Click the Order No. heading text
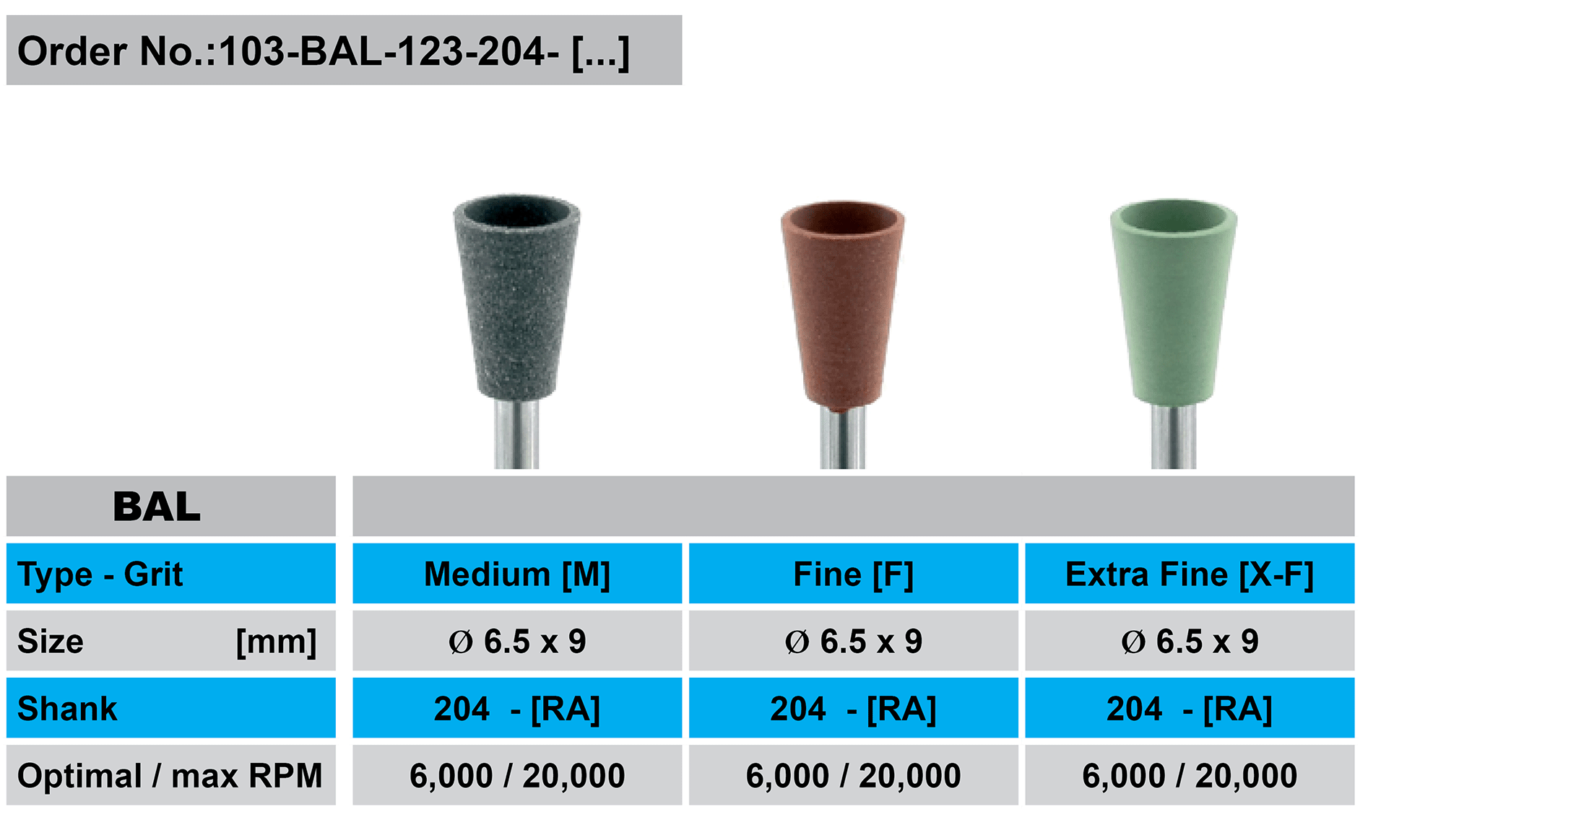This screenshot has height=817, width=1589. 324,52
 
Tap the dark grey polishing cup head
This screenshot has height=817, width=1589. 516,296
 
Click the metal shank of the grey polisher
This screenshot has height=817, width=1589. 516,434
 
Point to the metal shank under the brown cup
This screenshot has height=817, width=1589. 843,438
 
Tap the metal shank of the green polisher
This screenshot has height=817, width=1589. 1174,437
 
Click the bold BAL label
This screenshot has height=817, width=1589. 157,507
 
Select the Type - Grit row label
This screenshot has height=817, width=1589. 100,574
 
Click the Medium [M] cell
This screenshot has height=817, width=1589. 517,574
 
